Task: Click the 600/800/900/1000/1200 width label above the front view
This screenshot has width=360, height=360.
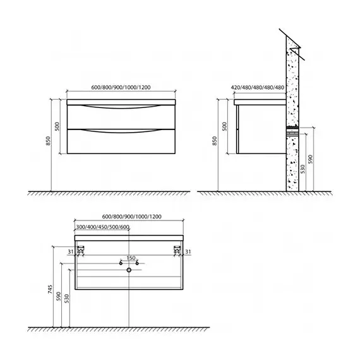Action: pyautogui.click(x=121, y=88)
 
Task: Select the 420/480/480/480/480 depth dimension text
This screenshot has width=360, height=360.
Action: pyautogui.click(x=258, y=88)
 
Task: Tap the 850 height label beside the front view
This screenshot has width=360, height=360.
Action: pyautogui.click(x=48, y=141)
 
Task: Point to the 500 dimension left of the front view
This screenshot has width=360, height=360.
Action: pyautogui.click(x=57, y=126)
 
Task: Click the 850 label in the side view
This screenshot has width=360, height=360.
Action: pyautogui.click(x=215, y=141)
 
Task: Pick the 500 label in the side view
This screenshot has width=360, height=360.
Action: pyautogui.click(x=225, y=126)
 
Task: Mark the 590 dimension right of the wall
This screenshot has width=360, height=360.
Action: pyautogui.click(x=310, y=159)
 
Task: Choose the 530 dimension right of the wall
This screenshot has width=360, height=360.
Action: pyautogui.click(x=303, y=169)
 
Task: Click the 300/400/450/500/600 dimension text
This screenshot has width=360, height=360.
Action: pyautogui.click(x=102, y=227)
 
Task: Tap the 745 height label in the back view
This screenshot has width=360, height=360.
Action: pyautogui.click(x=51, y=289)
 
